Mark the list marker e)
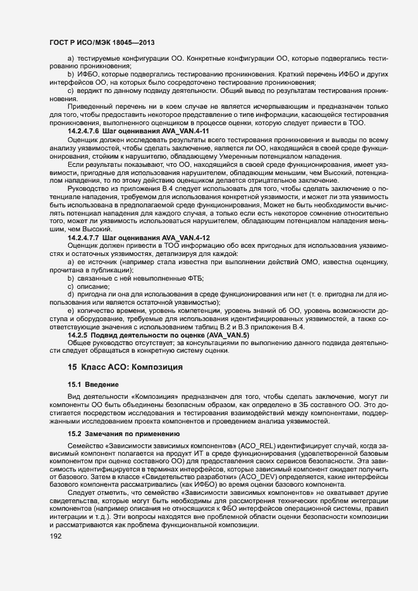click(71, 311)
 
